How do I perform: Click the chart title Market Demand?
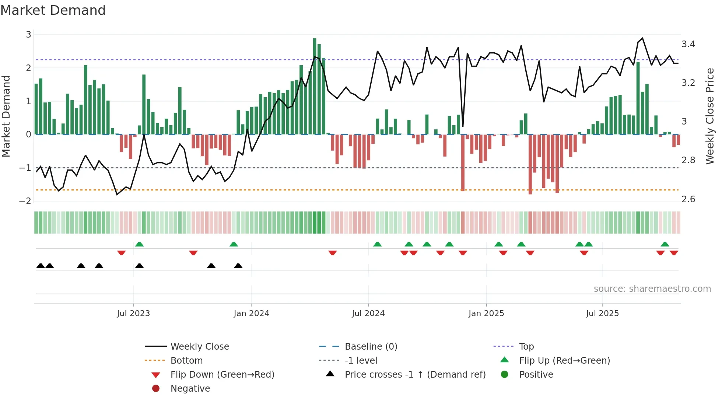pos(53,10)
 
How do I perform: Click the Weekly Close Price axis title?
pos(709,116)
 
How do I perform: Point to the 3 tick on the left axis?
pos(28,35)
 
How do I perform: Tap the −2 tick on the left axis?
pos(25,201)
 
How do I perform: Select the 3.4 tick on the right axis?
pos(688,44)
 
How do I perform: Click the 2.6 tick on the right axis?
pos(688,199)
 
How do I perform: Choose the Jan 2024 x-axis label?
pos(251,314)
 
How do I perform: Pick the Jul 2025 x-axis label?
pos(602,314)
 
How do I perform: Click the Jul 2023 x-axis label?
pos(133,314)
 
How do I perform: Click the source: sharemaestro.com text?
pos(652,289)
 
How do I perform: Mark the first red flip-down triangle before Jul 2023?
pos(122,253)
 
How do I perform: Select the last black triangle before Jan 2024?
pos(238,266)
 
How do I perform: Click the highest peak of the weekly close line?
pos(642,38)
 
